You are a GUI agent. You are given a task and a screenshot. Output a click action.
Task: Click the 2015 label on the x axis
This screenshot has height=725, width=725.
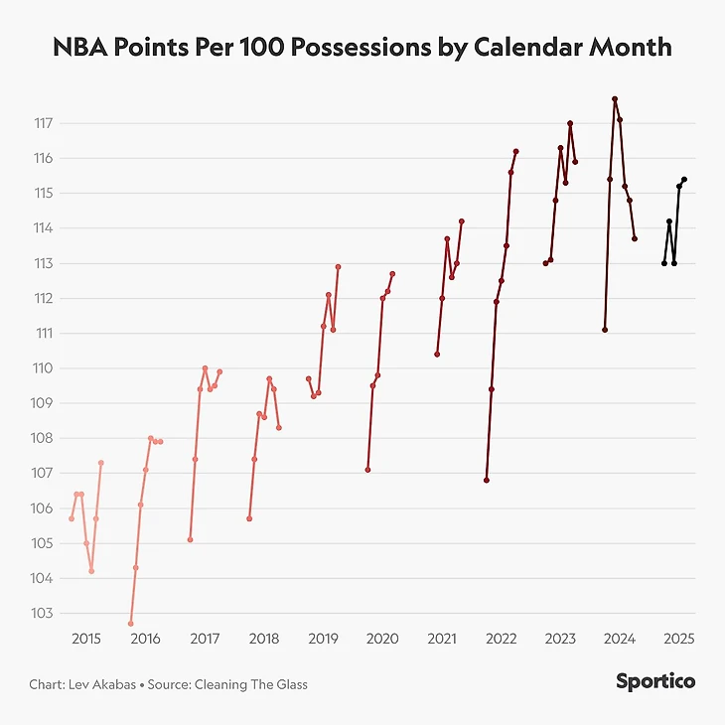coord(86,639)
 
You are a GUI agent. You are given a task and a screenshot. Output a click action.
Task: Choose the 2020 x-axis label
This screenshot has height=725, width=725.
coord(382,639)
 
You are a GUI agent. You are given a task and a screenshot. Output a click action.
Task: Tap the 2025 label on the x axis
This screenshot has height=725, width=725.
coord(678,639)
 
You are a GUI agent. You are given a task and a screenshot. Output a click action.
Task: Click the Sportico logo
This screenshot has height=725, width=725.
coord(654,681)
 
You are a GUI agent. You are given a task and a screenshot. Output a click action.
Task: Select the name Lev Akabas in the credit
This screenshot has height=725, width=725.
coord(103,684)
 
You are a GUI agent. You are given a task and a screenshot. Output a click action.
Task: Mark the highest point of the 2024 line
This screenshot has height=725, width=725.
coord(615,99)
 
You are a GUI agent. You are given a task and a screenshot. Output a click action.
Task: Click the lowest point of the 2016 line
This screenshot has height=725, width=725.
coord(130,624)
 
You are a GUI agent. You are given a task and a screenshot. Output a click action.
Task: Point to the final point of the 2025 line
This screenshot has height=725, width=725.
coord(684,180)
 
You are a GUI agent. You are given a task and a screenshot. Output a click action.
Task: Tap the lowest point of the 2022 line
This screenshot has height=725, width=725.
coord(487,481)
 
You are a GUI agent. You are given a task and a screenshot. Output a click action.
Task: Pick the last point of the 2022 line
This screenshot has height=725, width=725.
coord(516,151)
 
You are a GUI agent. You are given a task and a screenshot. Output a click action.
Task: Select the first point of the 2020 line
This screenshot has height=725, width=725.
coord(367,470)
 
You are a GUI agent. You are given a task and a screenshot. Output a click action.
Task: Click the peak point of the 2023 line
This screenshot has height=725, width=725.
coord(570,123)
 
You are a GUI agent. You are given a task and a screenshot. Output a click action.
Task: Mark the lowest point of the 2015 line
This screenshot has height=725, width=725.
coord(91,571)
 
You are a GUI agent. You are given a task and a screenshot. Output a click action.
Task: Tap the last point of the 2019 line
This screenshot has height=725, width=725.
coord(339,266)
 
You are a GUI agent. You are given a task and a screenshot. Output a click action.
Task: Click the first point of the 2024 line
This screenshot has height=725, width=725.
coord(605,330)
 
